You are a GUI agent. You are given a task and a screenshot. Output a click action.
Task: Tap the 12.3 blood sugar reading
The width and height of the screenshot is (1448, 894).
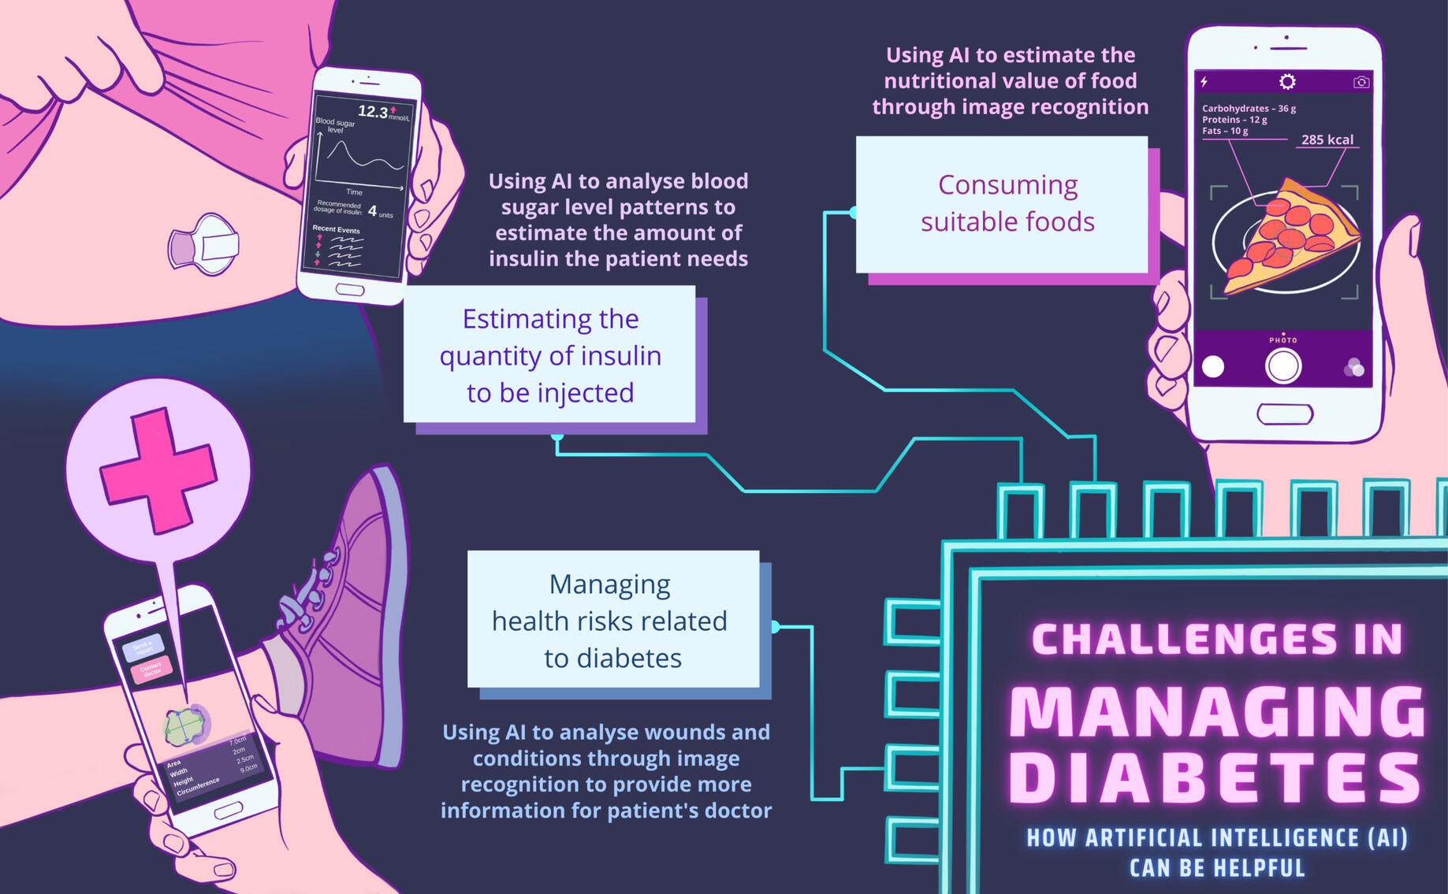[x=373, y=112]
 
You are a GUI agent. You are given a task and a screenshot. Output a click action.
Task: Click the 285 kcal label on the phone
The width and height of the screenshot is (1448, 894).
[x=1327, y=139]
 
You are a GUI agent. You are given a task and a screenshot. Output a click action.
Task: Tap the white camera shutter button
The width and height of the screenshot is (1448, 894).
[x=1282, y=366]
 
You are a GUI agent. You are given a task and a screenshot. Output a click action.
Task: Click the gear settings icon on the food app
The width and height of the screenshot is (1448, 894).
[x=1287, y=82]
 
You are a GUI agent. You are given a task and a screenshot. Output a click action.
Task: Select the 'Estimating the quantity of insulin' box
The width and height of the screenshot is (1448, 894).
[x=549, y=354]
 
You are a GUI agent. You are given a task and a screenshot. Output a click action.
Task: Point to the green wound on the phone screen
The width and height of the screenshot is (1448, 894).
[x=185, y=725]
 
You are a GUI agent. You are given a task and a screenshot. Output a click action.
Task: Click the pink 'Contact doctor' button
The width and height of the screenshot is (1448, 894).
[x=151, y=670]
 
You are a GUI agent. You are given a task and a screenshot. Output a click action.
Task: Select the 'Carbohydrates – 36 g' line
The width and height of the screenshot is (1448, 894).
[x=1249, y=109]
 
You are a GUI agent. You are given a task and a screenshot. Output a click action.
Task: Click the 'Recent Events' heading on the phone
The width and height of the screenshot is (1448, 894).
[x=336, y=229]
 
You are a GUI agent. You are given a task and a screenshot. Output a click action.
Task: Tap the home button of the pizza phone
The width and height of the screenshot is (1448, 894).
[x=1284, y=414]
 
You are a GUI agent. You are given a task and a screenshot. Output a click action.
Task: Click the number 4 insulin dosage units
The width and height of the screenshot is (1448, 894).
[x=372, y=211]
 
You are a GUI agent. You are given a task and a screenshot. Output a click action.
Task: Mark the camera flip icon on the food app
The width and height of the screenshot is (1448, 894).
[x=1361, y=82]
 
